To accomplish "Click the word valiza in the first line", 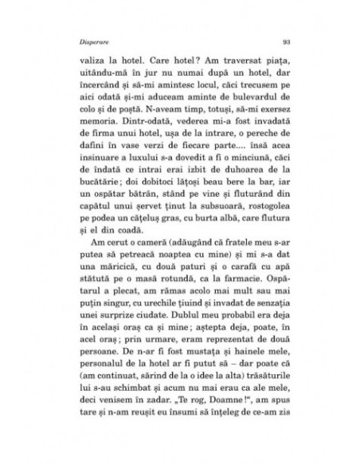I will click(x=88, y=60).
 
